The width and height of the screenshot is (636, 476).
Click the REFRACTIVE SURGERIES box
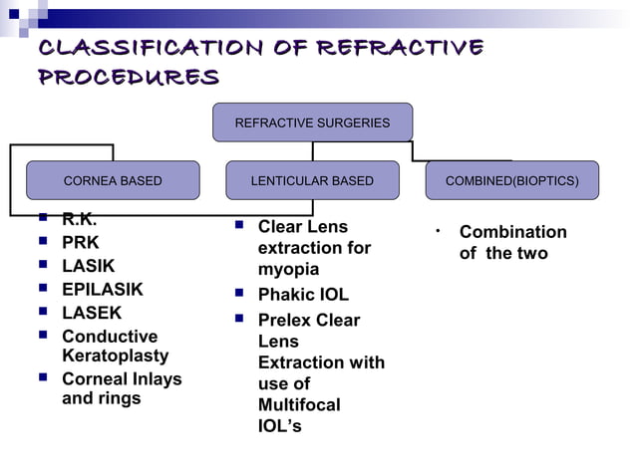coord(312,122)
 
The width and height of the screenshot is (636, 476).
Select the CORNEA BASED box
coord(113,180)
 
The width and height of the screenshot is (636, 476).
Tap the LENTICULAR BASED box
coord(312,180)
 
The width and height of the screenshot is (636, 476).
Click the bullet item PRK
coord(81,242)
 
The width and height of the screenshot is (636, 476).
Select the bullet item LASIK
coord(89,266)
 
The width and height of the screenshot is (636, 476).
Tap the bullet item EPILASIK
coord(103,290)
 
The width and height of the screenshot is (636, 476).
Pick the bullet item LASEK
coord(92,313)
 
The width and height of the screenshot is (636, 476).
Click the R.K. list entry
coord(80,220)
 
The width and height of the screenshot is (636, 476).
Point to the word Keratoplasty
coord(116,356)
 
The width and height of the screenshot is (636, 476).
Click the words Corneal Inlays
coord(122,379)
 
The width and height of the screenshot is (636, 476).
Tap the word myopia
coord(288,270)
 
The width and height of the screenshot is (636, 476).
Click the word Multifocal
coord(299,405)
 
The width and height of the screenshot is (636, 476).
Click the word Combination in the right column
coord(512,232)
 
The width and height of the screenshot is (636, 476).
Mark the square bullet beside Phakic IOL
coord(239,294)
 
